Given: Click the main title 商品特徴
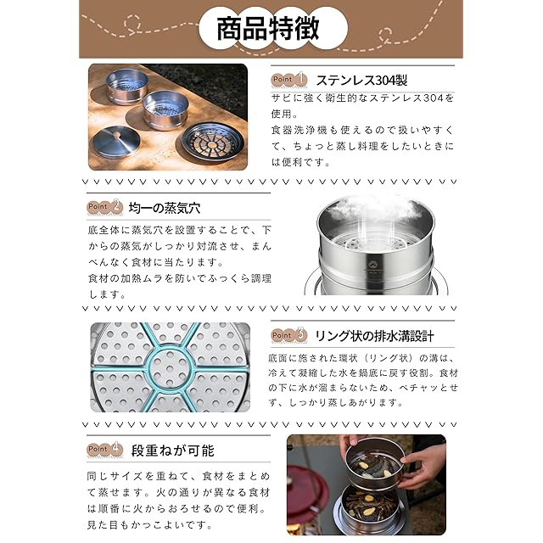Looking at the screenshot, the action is pos(267,28).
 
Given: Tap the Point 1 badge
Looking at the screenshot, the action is pos(289,79).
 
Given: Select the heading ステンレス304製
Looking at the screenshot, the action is pos(361,81).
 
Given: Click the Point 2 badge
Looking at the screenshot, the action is pos(105,207).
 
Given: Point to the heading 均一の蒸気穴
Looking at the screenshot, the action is pos(165,208).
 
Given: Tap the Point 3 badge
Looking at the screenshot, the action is pos(289,335).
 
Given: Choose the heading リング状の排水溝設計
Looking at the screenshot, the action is pos(374,336).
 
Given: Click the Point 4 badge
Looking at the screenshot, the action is pos(105,449).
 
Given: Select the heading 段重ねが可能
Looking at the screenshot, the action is pos(173,451).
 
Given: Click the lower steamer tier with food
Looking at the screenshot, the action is pos(370,507).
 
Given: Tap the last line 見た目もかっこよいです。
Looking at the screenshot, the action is pos(150,525).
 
